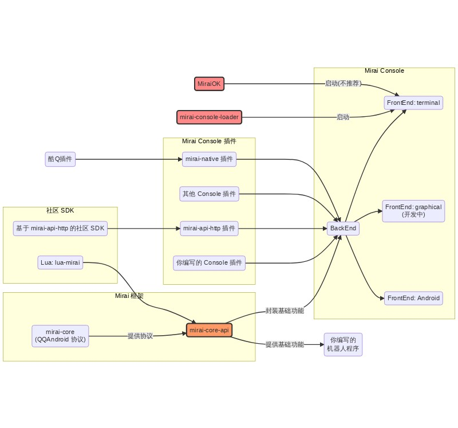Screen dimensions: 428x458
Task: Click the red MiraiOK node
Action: tap(209, 84)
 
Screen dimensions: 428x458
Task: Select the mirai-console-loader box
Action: tap(209, 117)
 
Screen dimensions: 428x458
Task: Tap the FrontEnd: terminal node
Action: tap(413, 103)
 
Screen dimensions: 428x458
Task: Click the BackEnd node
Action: tap(343, 228)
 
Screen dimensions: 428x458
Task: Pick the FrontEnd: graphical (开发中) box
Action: tap(413, 210)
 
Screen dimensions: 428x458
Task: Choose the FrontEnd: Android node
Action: tap(413, 298)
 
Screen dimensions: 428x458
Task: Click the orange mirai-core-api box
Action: tap(209, 331)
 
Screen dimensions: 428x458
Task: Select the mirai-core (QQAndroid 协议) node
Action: tap(60, 335)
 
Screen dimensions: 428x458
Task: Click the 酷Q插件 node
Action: tap(60, 159)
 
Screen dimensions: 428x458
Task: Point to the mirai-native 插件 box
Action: tap(209, 159)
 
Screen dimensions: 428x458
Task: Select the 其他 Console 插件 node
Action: tap(209, 194)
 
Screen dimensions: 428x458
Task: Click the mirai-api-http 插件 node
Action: tap(209, 229)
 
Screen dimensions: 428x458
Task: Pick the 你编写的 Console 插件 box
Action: tap(209, 263)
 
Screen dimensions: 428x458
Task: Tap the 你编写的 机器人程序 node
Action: tap(343, 344)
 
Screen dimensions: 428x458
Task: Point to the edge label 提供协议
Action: tap(140, 336)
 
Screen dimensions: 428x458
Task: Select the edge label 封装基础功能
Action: tap(285, 311)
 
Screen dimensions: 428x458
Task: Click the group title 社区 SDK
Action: tap(60, 211)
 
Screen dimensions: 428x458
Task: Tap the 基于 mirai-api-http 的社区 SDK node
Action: tap(60, 229)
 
